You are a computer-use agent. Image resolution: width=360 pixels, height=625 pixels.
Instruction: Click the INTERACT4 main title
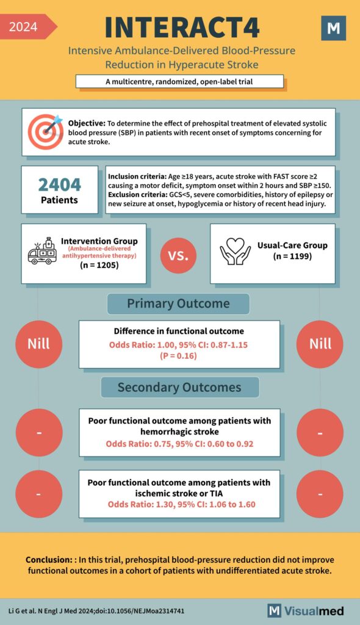pos(182,27)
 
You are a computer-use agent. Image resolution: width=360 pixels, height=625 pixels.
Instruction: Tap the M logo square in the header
pos(333,28)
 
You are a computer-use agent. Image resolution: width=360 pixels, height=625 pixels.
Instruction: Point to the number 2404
pos(59,184)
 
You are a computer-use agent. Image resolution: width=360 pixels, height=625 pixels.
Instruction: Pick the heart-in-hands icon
pos(234,251)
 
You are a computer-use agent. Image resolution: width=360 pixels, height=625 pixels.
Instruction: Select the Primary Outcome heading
pos(178,304)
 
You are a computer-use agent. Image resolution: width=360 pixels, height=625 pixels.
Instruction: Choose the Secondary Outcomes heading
pos(179,388)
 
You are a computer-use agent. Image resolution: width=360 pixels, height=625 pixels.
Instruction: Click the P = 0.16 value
pos(179,356)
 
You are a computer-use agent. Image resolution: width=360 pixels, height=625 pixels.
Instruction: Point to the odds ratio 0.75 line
pos(179,444)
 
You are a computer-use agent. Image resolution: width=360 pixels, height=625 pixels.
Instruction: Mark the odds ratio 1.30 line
pos(181,505)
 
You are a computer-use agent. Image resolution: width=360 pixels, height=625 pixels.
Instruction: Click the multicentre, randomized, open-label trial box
pos(179,81)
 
